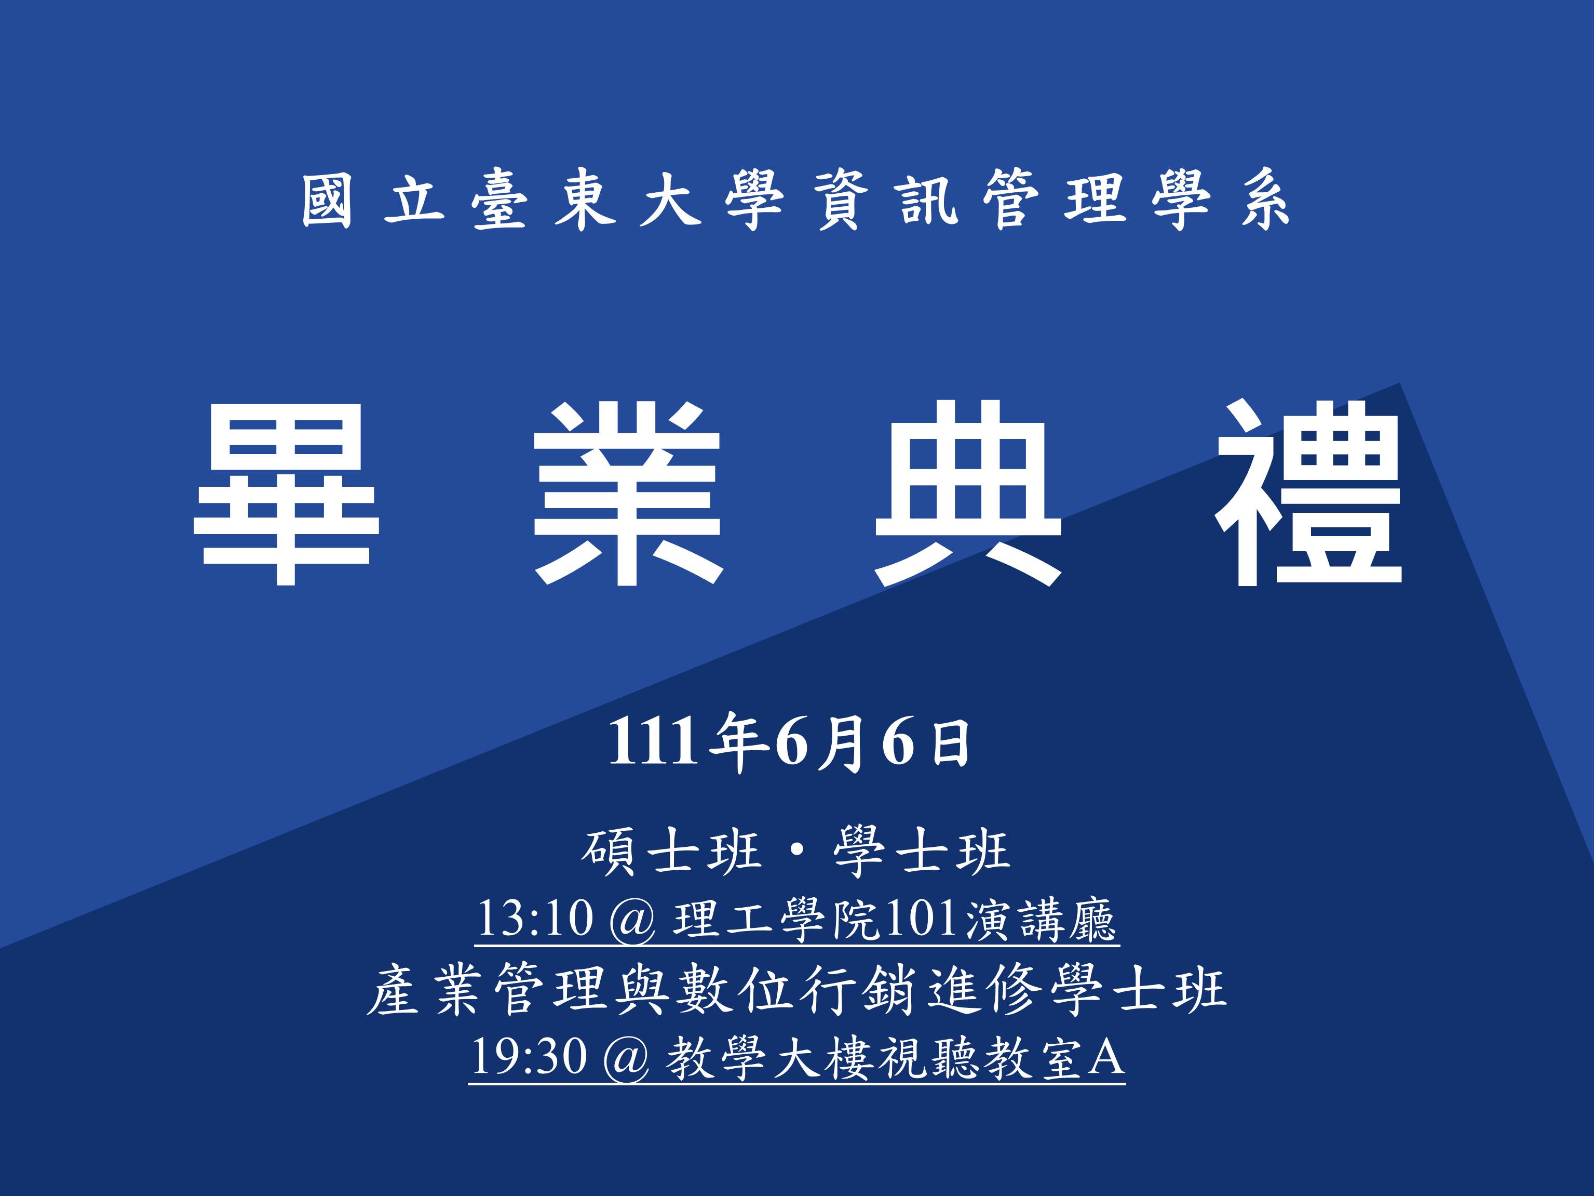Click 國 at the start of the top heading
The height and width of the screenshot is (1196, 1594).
tap(327, 201)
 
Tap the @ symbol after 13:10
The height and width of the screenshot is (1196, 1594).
tap(632, 921)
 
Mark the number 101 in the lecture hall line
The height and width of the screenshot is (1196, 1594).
tap(922, 919)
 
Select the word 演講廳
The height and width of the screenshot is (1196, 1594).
tap(1041, 919)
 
